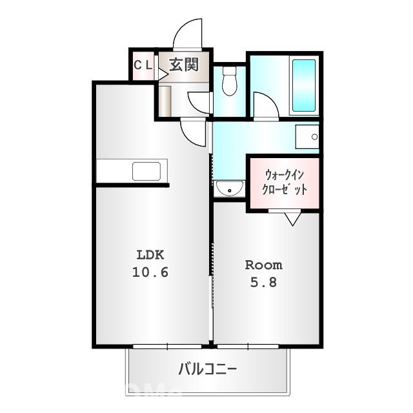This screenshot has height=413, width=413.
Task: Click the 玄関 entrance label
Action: click(x=184, y=65)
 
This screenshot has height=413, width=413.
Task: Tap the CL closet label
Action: click(x=143, y=65)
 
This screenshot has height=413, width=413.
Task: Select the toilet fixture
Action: click(x=230, y=81)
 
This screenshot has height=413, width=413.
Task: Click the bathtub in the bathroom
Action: click(x=304, y=85)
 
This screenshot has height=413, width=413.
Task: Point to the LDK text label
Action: click(x=150, y=255)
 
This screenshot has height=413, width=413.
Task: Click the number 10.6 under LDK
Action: click(x=150, y=272)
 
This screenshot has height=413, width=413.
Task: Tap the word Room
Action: click(x=264, y=265)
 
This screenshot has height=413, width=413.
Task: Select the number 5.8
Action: click(x=263, y=283)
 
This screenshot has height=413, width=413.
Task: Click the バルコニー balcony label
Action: click(x=208, y=369)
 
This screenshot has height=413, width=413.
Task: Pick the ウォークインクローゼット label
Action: click(x=285, y=182)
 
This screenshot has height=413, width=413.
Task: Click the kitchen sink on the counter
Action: click(x=146, y=171)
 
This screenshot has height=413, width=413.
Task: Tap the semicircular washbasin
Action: click(x=230, y=188)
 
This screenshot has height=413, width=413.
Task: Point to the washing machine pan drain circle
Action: click(x=314, y=137)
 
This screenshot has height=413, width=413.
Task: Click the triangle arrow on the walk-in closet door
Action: click(x=292, y=219)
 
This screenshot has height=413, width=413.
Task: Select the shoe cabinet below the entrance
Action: click(x=165, y=101)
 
